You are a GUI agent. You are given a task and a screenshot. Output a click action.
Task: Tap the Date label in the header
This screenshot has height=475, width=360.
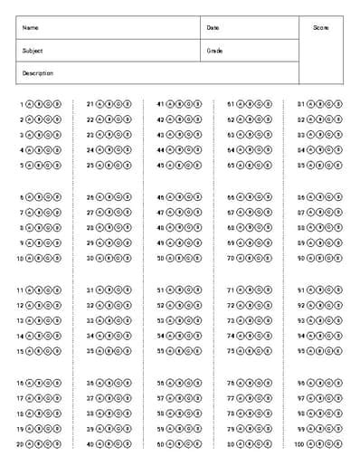pos(213,28)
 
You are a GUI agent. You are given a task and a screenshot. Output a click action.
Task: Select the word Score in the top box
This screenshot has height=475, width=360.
pos(321,28)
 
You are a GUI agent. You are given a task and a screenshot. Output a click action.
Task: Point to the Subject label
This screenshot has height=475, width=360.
pos(33,51)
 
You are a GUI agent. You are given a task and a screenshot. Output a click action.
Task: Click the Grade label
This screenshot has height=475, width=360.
pos(214,51)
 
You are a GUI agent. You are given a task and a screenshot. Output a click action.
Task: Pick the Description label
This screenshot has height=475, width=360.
pos(38,73)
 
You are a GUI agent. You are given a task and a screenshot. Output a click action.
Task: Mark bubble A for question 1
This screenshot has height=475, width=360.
pos(29,104)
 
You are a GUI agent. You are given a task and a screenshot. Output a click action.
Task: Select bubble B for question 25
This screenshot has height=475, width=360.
pos(109,165)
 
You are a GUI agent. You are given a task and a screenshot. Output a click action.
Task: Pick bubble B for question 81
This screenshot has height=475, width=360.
pos(320,104)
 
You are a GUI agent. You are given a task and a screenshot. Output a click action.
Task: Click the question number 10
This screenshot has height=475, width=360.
pos(19,258)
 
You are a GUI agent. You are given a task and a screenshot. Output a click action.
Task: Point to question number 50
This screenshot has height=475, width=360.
pos(160,258)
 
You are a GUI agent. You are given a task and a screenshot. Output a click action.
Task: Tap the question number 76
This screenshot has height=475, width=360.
pos(230,384)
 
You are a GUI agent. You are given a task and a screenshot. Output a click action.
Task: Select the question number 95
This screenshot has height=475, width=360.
pos(301,350)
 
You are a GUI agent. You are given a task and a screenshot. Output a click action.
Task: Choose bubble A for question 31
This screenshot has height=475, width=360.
pos(99,290)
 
